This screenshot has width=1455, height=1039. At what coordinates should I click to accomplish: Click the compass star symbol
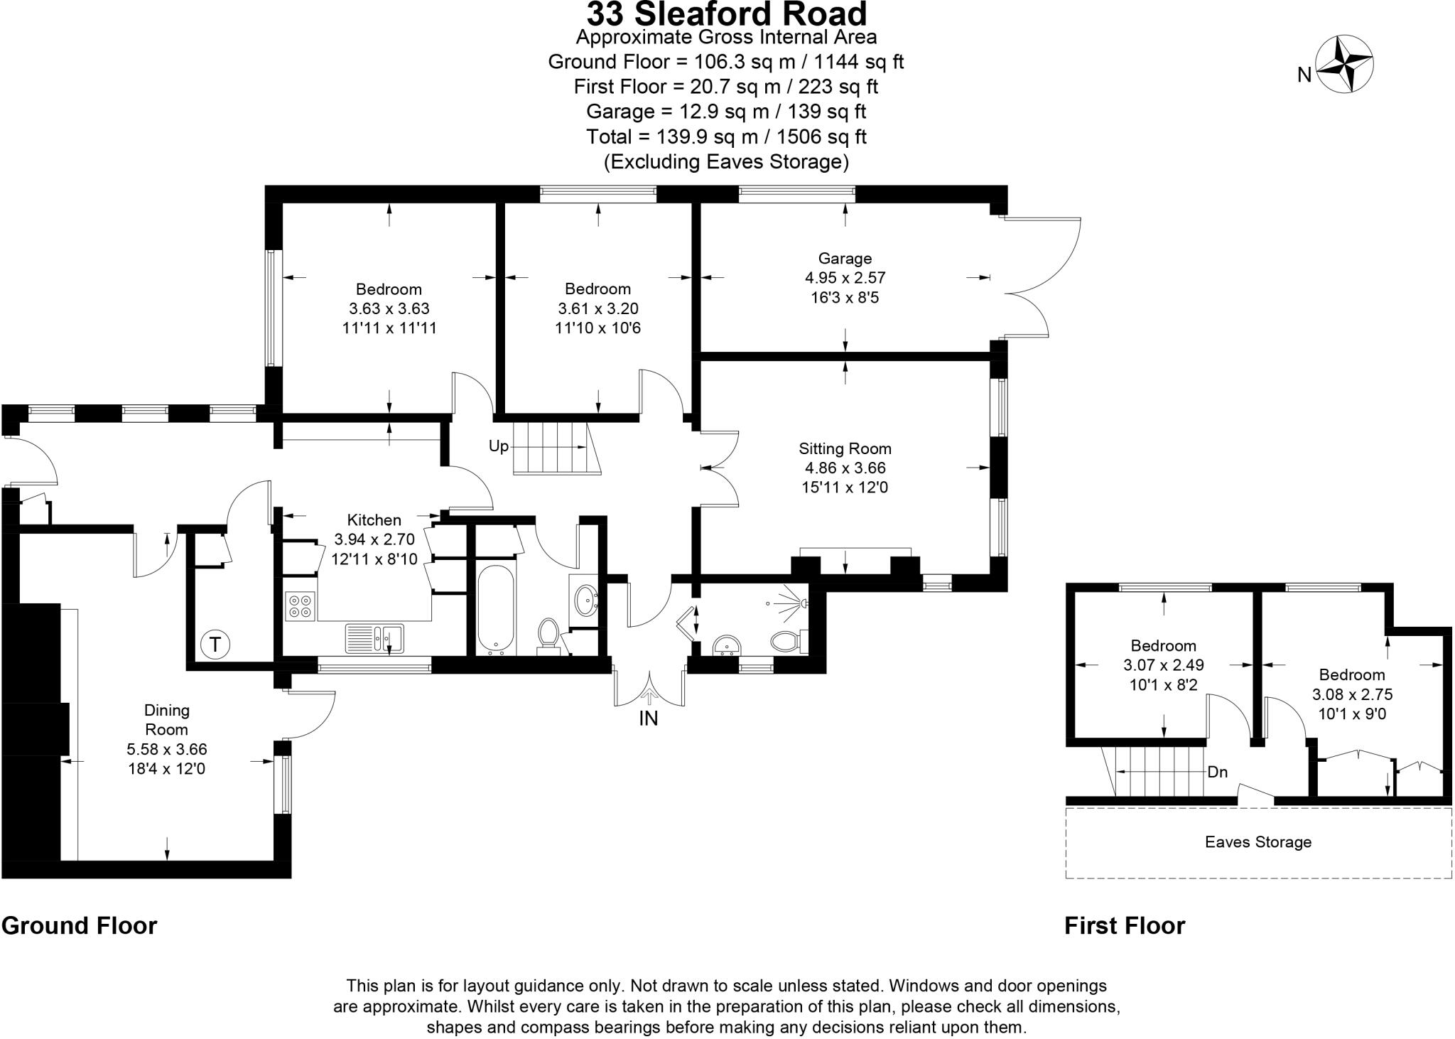(x=1345, y=65)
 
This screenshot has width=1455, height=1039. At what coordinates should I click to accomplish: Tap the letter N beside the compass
(x=1304, y=75)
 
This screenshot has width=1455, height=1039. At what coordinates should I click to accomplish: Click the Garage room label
(x=844, y=259)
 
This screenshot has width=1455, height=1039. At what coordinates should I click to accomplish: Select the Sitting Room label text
(x=845, y=448)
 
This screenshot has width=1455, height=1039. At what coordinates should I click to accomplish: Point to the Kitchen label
(x=374, y=519)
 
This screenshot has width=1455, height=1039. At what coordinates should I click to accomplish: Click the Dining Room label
(x=166, y=719)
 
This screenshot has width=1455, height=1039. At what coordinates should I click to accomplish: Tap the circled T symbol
(x=215, y=645)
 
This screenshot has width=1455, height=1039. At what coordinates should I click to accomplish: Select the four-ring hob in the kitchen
(x=300, y=605)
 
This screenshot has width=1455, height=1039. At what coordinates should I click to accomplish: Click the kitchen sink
(x=374, y=637)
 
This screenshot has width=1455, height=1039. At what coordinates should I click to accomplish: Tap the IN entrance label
(x=648, y=718)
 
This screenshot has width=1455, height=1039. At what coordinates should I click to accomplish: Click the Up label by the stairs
(x=499, y=446)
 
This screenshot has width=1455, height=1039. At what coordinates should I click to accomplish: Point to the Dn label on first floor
(x=1217, y=772)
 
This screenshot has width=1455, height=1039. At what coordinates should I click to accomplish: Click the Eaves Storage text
(x=1257, y=842)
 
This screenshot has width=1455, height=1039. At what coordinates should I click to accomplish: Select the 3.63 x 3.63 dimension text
(x=389, y=309)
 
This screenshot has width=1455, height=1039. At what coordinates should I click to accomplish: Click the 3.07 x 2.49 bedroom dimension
(x=1163, y=666)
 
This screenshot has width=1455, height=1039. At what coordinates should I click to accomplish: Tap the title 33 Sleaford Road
(x=726, y=14)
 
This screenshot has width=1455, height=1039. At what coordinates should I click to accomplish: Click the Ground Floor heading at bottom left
(x=79, y=925)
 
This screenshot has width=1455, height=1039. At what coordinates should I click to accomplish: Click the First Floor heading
(x=1124, y=925)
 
